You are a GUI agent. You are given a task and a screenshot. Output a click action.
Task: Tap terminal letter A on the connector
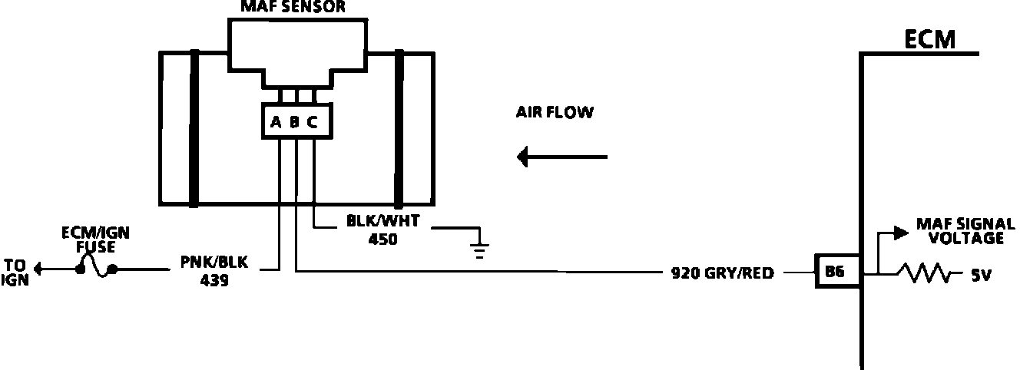pos(276,121)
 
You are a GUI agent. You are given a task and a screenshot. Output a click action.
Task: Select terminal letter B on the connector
pos(294,121)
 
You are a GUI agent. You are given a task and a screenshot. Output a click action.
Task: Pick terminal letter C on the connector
pos(312,121)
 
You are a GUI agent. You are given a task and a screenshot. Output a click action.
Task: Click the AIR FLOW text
pos(555,113)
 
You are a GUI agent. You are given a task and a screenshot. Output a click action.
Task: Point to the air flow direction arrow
pos(562,157)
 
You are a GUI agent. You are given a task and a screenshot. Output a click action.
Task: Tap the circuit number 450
pos(382,240)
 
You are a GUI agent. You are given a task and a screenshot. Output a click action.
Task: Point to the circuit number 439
pos(214,281)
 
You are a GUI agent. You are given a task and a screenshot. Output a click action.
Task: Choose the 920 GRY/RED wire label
pos(722,272)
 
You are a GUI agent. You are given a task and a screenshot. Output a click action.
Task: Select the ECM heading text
pos(929,38)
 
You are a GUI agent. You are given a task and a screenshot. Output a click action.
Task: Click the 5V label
pos(980,274)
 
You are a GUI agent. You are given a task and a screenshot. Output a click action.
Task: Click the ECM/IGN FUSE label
pos(89,240)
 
